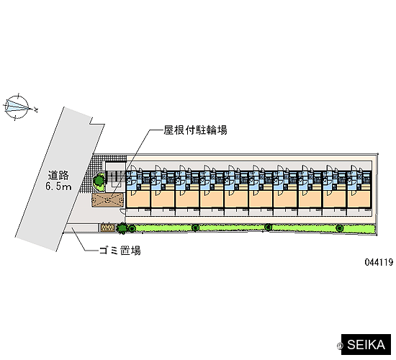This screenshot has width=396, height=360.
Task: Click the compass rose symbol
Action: coord(17,107)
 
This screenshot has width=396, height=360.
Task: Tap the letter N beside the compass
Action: coord(36,110)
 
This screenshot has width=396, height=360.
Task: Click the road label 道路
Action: coord(58,176)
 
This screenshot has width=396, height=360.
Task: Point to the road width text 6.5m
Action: coord(58,186)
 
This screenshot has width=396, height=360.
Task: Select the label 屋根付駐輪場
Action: coord(195,130)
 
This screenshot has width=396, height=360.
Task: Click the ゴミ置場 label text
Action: coord(120,251)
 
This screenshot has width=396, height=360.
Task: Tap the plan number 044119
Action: coord(379,262)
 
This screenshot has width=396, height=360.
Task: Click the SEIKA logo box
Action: coord(366,345)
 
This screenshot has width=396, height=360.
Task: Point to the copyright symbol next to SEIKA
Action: coord(340,346)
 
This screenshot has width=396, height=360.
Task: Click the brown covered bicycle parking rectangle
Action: coord(108,200)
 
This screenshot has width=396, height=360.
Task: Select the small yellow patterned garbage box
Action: coord(108,228)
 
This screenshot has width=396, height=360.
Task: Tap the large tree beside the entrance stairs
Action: coord(98,181)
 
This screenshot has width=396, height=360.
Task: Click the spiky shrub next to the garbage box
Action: coord(122,228)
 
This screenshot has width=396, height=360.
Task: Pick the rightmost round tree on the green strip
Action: coord(339,228)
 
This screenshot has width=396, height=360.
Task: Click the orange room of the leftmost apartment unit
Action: coord(138,199)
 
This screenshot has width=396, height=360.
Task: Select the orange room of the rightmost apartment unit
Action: coord(359,199)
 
